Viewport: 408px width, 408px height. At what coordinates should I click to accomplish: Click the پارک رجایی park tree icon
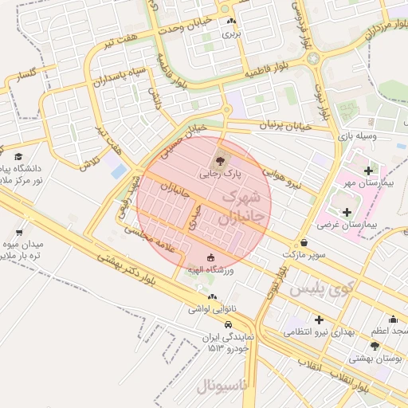[x=220, y=154]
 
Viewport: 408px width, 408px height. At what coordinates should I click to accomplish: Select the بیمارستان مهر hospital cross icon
[x=367, y=170]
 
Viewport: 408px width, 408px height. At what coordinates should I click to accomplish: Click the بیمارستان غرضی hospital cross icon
[x=347, y=212]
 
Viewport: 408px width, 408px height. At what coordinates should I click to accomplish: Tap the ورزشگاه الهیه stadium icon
[x=210, y=257]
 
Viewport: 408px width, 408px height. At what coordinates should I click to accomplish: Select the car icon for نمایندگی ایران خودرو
[x=229, y=324]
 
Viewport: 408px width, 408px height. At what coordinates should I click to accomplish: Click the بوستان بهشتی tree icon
[x=375, y=345]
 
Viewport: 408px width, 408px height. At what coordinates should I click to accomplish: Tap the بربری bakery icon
[x=230, y=22]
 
